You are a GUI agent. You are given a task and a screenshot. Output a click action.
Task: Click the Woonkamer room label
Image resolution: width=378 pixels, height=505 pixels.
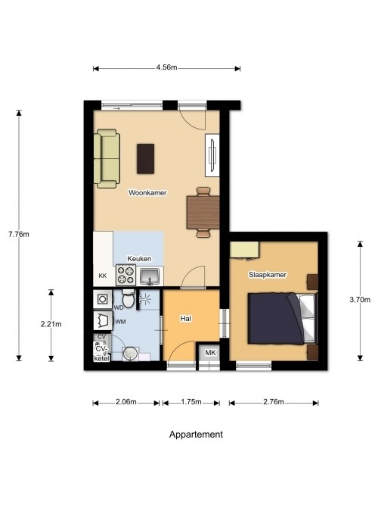[x=147, y=192]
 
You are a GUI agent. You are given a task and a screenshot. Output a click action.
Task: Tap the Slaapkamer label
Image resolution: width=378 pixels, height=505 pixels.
[x=268, y=275]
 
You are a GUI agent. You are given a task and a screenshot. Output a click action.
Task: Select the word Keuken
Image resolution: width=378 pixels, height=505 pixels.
[x=139, y=259]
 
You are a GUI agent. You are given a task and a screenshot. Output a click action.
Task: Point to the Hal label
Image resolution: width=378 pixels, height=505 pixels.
[x=186, y=319]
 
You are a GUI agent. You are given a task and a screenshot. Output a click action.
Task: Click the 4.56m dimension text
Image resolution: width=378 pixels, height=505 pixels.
[x=166, y=67]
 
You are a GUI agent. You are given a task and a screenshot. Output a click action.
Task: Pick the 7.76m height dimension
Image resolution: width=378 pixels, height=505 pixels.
[x=19, y=234]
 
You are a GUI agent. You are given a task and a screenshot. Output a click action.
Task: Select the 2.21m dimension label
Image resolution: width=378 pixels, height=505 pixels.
[x=51, y=324]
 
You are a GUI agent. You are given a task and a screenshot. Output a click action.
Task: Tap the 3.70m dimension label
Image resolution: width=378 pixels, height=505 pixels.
[x=360, y=300]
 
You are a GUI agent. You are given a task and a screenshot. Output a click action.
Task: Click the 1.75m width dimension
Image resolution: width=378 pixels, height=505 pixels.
[x=191, y=402]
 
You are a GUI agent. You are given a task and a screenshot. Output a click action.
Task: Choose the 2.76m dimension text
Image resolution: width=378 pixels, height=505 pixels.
[x=274, y=402]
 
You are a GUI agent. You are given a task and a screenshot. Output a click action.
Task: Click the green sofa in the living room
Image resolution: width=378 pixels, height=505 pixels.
[x=107, y=158]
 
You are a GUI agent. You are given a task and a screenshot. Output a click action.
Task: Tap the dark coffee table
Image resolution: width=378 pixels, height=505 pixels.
[x=145, y=159]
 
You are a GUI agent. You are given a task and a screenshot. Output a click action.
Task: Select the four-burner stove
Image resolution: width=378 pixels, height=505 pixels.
[x=125, y=275]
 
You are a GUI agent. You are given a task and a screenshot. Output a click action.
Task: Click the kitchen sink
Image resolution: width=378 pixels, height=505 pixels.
[x=150, y=276]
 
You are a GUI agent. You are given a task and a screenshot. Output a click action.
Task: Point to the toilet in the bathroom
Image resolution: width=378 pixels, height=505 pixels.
[x=129, y=298]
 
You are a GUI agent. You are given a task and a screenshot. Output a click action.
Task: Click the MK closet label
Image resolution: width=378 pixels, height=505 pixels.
[x=210, y=353]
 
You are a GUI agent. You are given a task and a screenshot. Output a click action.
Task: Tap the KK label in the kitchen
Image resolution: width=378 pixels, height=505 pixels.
[x=103, y=276]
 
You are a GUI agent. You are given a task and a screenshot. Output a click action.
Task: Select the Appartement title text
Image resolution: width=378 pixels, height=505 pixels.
[x=196, y=435]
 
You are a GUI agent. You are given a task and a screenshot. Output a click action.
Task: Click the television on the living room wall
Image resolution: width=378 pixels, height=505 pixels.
[x=212, y=155]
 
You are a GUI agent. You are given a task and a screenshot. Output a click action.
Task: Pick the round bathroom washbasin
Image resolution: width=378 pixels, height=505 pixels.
[x=130, y=354]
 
